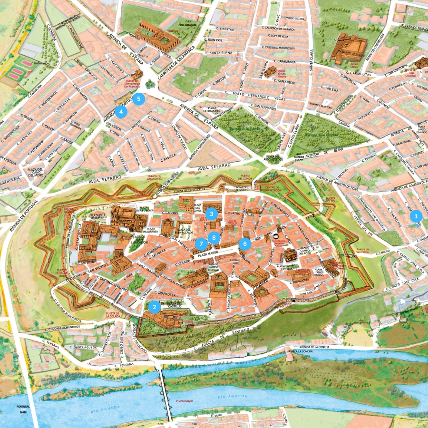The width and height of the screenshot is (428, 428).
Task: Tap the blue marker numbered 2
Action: [154, 307]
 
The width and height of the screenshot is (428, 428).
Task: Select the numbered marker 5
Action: [138, 99]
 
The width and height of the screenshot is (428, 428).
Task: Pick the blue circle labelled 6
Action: [245, 244]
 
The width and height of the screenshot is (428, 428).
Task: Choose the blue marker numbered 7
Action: [201, 244]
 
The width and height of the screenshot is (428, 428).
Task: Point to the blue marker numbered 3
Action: [212, 214]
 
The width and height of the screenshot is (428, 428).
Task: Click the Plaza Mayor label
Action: [208, 254]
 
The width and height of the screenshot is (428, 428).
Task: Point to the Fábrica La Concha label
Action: [299, 352]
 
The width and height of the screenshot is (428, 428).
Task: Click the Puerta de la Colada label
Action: [113, 315]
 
